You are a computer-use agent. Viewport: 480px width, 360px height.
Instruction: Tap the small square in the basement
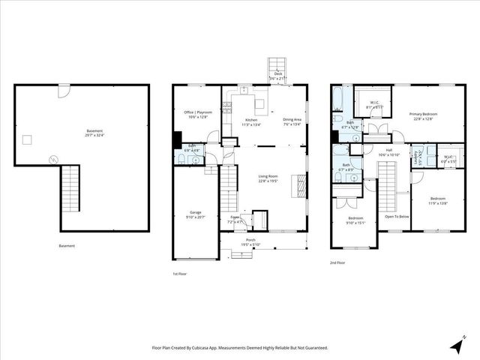click(28, 139)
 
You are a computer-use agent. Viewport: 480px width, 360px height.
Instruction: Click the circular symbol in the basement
click(52, 158)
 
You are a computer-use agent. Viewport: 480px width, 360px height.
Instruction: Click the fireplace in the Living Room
click(301, 182)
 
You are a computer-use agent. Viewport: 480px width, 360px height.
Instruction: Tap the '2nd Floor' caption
click(338, 263)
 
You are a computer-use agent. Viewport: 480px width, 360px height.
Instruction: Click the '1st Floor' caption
click(180, 274)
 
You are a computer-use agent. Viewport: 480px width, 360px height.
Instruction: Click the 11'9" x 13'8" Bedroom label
click(437, 201)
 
